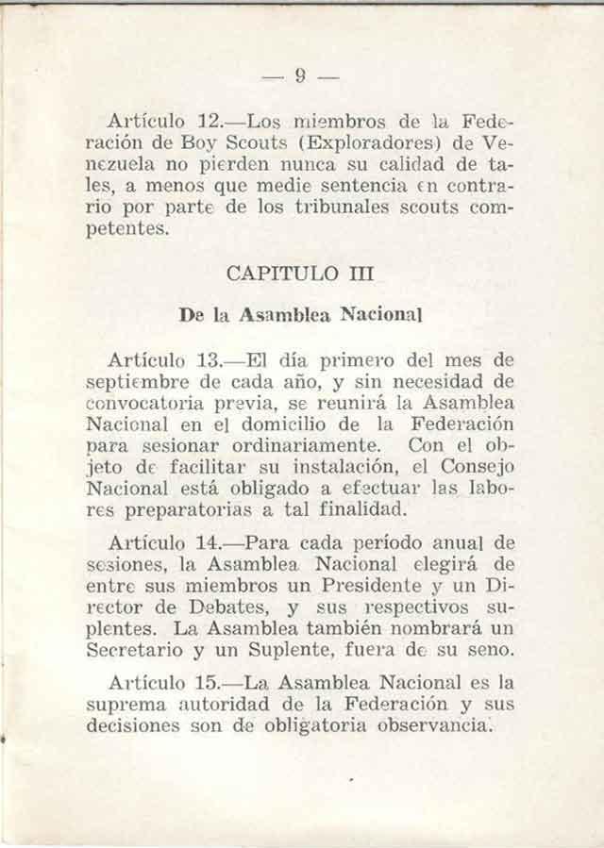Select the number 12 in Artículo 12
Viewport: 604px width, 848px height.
(x=210, y=124)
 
